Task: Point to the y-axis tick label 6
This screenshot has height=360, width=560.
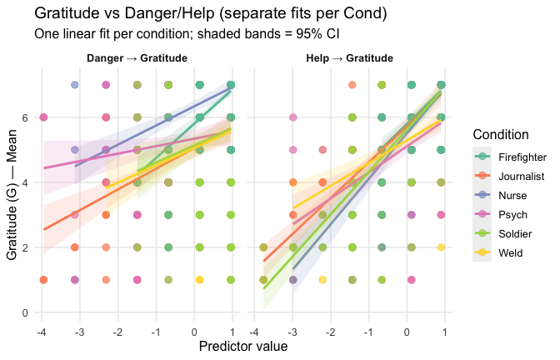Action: click(24, 117)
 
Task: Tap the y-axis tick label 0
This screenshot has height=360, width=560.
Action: click(24, 313)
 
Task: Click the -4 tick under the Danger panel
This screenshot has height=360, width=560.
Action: click(42, 332)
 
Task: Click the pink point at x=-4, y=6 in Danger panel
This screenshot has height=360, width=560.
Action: click(43, 117)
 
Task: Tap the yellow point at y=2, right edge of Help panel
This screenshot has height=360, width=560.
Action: click(442, 247)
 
